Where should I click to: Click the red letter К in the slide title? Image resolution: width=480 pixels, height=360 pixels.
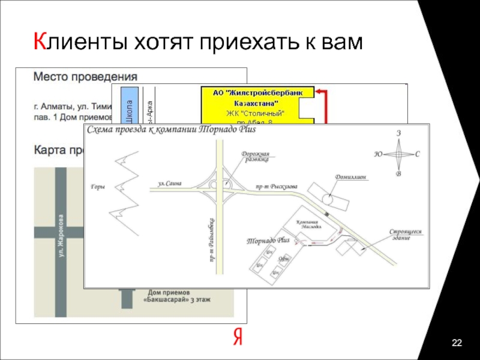[x=40, y=41]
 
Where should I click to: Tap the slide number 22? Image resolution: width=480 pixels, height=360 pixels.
[x=457, y=343]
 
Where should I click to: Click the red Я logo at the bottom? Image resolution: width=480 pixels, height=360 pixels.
[x=238, y=338]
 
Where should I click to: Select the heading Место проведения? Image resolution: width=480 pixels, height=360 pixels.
[x=85, y=77]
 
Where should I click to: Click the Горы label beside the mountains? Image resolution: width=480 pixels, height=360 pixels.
[x=97, y=187]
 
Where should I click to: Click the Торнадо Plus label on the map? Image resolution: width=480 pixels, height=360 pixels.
[x=268, y=240]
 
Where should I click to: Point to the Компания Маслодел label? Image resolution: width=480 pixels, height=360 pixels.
[x=311, y=224]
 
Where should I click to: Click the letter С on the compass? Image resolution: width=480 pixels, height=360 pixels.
[x=417, y=154]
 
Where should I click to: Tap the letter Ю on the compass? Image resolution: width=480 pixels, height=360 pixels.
[x=379, y=154]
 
